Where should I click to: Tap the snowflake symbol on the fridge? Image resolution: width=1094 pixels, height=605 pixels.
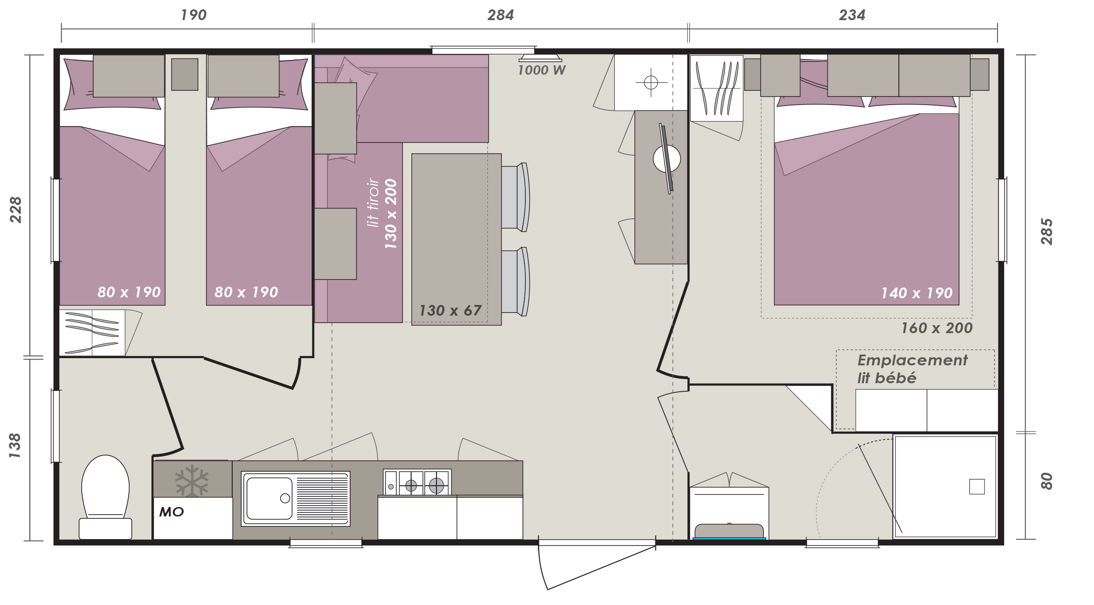[x=192, y=481]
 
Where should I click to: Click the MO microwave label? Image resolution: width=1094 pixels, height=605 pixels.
[x=172, y=512]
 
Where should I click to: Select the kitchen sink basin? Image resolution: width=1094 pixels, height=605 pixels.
[x=269, y=499]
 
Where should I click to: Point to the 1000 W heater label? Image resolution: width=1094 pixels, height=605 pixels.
[x=541, y=70]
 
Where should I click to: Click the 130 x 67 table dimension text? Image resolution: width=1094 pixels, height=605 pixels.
[x=450, y=310]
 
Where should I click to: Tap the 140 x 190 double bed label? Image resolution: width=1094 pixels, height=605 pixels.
[x=917, y=293]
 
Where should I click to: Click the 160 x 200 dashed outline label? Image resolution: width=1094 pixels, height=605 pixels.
[x=937, y=328]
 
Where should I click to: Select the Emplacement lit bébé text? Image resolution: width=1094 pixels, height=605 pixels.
[x=912, y=369]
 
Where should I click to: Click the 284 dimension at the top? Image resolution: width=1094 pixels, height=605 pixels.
[x=500, y=15]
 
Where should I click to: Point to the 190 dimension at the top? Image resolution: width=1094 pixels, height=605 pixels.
[x=193, y=15]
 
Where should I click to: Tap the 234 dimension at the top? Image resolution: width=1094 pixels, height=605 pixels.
[x=852, y=15]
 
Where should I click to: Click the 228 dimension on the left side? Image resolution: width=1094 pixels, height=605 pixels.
[x=16, y=209]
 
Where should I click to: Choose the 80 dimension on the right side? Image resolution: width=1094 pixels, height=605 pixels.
[x=1047, y=481]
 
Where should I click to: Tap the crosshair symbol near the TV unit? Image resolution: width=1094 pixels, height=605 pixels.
[x=651, y=83]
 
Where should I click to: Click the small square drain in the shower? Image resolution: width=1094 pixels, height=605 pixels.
[x=977, y=487]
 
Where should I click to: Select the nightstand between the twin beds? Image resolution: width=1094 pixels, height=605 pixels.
[x=185, y=74]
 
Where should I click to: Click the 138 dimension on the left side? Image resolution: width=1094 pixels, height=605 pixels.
[x=16, y=445]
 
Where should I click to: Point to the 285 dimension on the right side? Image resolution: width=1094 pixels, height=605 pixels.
[x=1047, y=232]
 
